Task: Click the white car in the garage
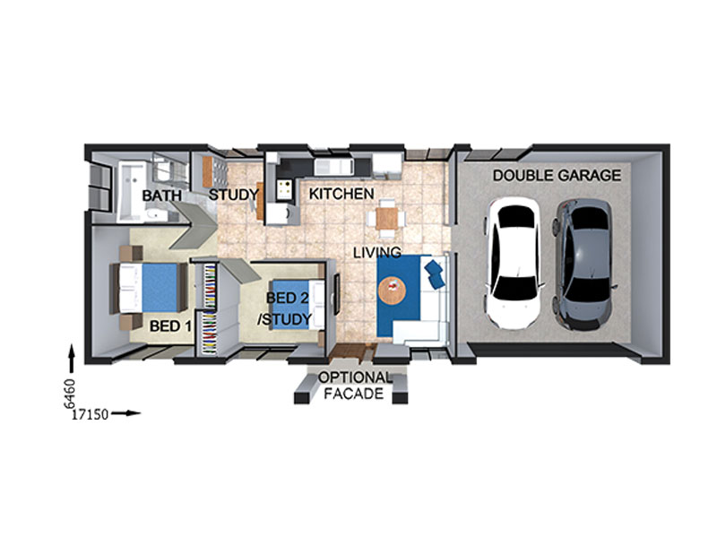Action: pos(514,264)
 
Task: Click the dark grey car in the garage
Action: pos(584,265)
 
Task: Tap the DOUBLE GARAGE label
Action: pos(557,175)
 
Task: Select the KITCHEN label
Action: pos(341,194)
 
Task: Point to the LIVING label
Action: pos(377,252)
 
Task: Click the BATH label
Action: pos(162,195)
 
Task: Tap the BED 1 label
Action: pos(170,326)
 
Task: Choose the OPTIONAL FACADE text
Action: pos(354,386)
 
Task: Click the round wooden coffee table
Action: pos(392,290)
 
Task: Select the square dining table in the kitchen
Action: pos(387,219)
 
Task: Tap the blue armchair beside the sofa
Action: pos(435,274)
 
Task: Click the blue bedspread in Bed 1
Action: pos(160,287)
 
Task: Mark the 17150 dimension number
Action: pos(91,414)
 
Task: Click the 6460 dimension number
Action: pos(69,394)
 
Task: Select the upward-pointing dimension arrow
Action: pos(72,360)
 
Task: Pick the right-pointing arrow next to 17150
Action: pos(125,413)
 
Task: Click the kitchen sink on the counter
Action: pos(333,166)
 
